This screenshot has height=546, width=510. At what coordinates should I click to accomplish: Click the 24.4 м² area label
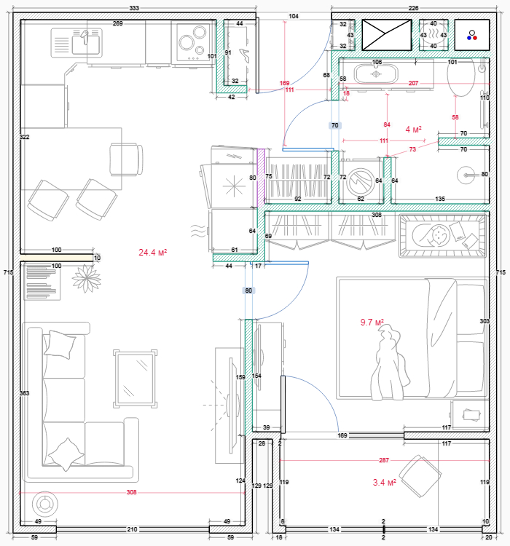pos(152,252)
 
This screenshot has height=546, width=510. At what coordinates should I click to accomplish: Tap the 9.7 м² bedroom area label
pos(372,322)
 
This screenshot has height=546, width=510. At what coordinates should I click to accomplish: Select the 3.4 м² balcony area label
pos(385,482)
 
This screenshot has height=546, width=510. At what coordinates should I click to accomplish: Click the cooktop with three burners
pos(193,41)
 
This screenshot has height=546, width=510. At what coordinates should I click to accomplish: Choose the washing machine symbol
pos(361,181)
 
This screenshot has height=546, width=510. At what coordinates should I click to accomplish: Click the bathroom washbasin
pos(376,74)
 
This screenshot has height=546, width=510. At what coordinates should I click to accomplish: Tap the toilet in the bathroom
pos(461,77)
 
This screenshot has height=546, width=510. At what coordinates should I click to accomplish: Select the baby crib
pos(442,236)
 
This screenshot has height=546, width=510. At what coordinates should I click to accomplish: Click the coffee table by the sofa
pos(136,379)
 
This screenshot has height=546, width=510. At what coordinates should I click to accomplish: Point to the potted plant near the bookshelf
pos(87,279)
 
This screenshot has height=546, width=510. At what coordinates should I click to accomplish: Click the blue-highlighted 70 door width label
pos(334,125)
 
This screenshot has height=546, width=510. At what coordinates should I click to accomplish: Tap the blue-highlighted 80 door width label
pos(248,290)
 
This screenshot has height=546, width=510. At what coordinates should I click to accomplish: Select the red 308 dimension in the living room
pos(131,492)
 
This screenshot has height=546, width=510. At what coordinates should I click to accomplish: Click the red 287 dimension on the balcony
pos(384,460)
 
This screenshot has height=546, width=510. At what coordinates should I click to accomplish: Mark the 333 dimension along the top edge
pos(134,8)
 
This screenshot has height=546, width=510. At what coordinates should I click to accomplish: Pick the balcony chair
pos(420,476)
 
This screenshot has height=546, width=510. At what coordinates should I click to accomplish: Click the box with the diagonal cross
pos(387,35)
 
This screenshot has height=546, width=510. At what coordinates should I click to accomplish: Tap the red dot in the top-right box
pos(475,38)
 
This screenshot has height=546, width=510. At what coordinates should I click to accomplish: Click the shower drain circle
pos(466,175)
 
